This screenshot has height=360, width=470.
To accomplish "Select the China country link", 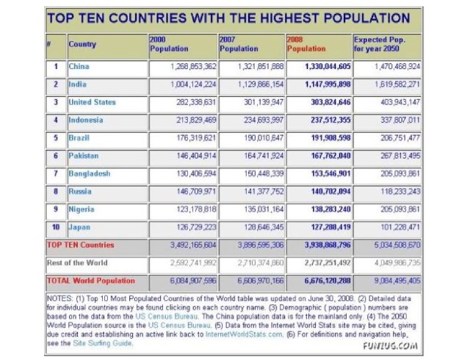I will [79, 67].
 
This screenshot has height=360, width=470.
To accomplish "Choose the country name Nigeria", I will [82, 209].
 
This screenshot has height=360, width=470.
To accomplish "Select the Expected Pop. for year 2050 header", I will [379, 44].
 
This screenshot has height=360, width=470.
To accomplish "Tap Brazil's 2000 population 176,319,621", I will [191, 137].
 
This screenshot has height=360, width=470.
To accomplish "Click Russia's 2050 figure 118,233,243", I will [395, 191].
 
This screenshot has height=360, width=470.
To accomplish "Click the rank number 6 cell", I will [56, 156].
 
